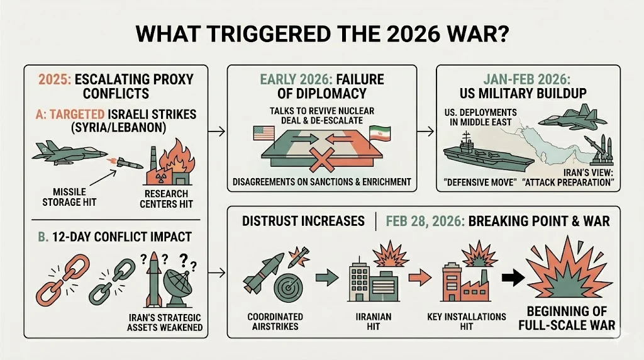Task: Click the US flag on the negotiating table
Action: coord(264,133)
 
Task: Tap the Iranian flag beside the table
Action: coord(379,134)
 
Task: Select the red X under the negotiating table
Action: coord(321,160)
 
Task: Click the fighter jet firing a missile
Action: coord(69,153)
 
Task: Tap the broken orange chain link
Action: coord(62,280)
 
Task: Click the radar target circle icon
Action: coord(288,288)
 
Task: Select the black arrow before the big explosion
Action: coord(513,278)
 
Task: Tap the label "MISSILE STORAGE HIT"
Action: coord(69,197)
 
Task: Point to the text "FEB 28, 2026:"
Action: coord(425,221)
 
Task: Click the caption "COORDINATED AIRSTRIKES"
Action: coord(275,322)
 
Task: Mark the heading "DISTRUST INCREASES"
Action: coord(303,221)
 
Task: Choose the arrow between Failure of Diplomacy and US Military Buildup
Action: coord(426,132)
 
